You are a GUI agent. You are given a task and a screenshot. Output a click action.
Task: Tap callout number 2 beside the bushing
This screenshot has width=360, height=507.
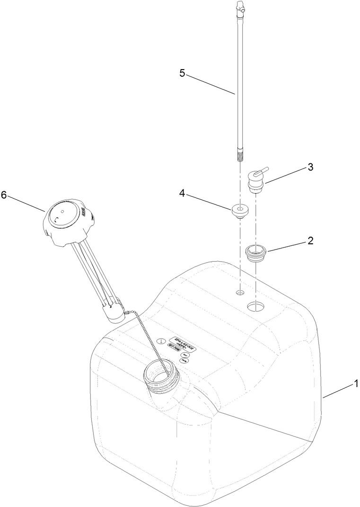click(310, 240)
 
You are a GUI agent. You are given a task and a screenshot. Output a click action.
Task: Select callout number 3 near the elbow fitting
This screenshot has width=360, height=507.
click(310, 167)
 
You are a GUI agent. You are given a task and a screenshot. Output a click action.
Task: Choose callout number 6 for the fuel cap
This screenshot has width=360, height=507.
click(4, 196)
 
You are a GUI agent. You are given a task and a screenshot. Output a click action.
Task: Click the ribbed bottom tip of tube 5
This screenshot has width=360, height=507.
click(238, 153)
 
